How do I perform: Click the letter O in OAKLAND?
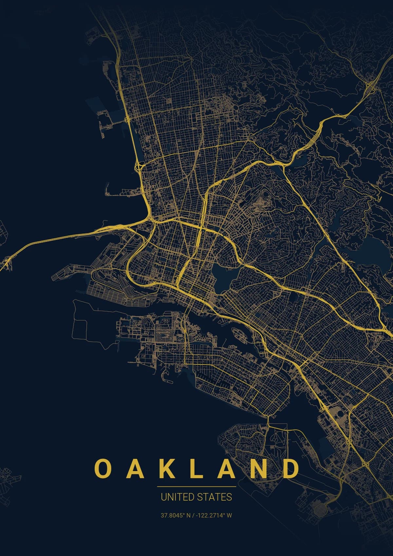click(x=102, y=469)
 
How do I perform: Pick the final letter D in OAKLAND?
click(x=290, y=469)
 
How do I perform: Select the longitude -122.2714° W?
click(x=214, y=515)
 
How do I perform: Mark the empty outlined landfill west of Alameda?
click(x=92, y=321)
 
